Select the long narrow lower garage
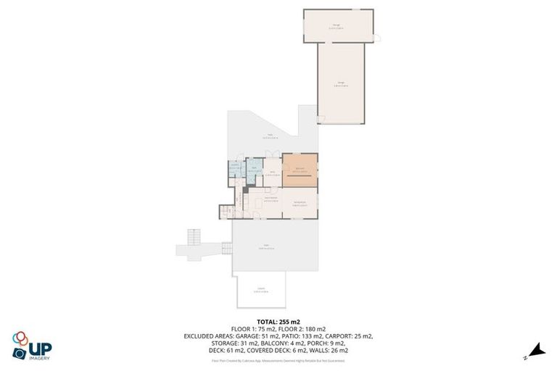(x=340, y=83)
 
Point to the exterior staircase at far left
(x=193, y=237)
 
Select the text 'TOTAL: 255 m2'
(x=278, y=321)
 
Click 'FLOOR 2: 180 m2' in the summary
(x=305, y=329)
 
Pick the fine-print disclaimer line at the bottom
(x=278, y=359)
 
